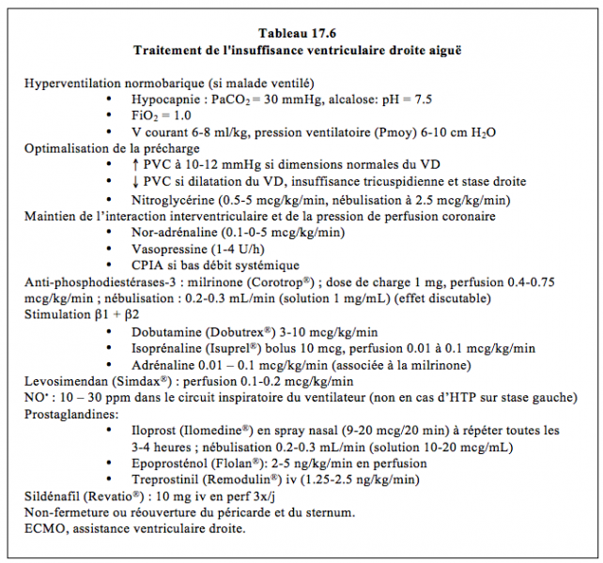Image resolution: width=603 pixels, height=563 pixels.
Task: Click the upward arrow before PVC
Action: pyautogui.click(x=136, y=165)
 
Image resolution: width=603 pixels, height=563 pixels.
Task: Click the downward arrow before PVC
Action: pyautogui.click(x=136, y=182)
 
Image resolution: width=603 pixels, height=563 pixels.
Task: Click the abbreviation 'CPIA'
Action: pyautogui.click(x=148, y=266)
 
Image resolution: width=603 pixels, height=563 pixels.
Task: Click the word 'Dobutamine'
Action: pyautogui.click(x=165, y=332)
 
